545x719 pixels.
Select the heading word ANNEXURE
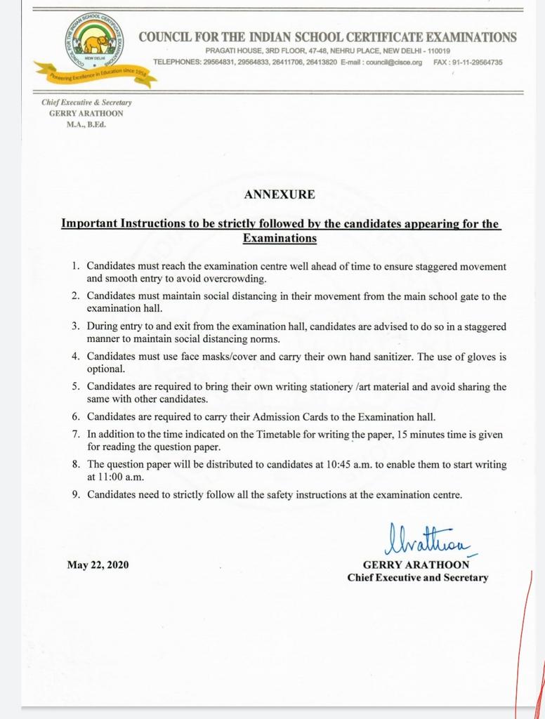tap(279, 194)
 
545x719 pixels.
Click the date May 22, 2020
tap(98, 565)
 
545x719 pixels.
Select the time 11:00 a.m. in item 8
tap(111, 476)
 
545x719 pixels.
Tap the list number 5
tap(75, 387)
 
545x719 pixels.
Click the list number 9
tap(75, 495)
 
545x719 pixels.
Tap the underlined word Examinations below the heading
tap(279, 239)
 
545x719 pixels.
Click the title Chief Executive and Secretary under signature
tap(417, 577)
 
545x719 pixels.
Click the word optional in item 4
tap(105, 369)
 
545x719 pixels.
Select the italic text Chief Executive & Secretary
tap(86, 103)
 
